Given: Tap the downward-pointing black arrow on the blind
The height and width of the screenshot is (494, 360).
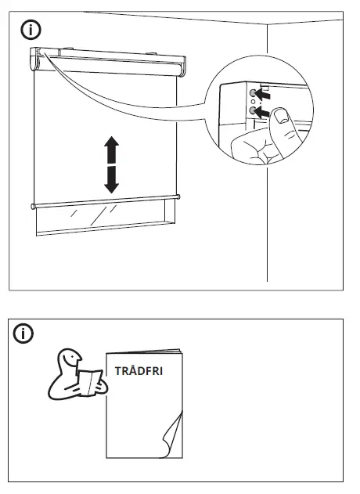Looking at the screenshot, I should pos(112,179).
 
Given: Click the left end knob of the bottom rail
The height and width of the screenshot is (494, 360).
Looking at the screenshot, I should pos(33,207).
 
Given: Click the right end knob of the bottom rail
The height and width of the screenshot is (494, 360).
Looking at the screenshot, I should pos(178,197).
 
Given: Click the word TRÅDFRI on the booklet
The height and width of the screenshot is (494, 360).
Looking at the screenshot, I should pos(139,371).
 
